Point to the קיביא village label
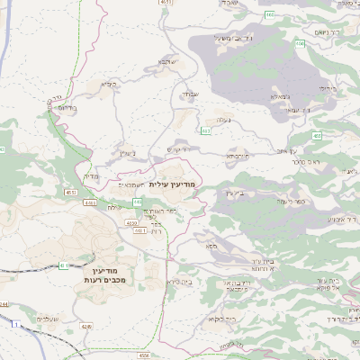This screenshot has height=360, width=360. [109, 85]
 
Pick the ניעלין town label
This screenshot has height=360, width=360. [127, 153]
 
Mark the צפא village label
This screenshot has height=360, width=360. [211, 245]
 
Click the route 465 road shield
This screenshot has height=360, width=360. [270, 15]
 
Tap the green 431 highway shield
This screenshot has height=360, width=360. [64, 265]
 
